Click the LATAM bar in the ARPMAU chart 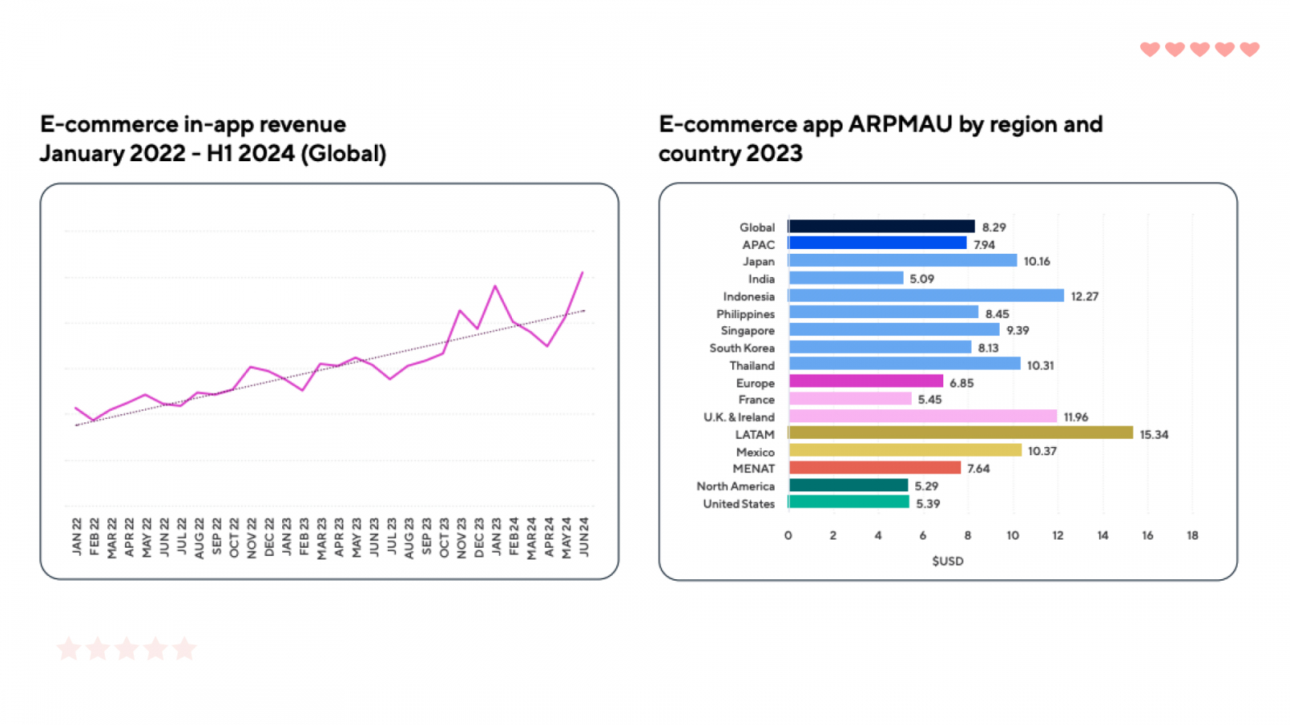tap(960, 433)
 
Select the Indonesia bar tap(926, 296)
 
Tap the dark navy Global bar tap(881, 226)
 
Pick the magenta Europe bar tap(865, 382)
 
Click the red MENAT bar tap(875, 468)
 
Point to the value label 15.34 tap(1154, 435)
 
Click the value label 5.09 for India tap(922, 279)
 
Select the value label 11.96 tap(1076, 417)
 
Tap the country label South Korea tap(742, 348)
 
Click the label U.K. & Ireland tap(739, 417)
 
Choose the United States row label tap(739, 503)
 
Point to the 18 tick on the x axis tap(1192, 536)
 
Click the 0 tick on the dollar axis tap(789, 536)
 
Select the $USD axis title tap(947, 561)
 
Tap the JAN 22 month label tap(77, 536)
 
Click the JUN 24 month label tap(585, 536)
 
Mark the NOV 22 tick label tap(252, 536)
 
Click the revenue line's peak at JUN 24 tap(582, 273)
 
